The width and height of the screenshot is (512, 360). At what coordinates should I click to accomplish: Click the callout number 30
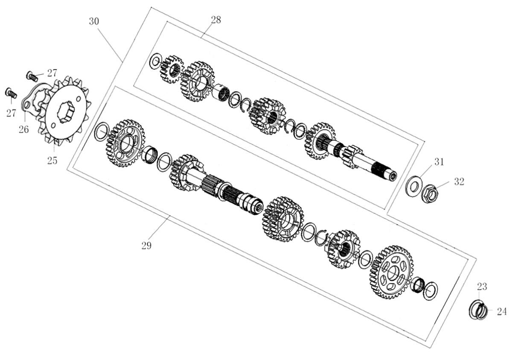tap(94, 21)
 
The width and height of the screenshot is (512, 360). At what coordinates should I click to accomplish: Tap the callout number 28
tap(216, 20)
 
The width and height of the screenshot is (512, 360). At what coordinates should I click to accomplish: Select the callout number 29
tap(146, 246)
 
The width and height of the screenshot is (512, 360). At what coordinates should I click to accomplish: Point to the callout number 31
tap(439, 162)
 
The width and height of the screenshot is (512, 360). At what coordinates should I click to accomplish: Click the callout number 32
tap(459, 181)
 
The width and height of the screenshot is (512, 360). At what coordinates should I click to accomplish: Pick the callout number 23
tap(482, 287)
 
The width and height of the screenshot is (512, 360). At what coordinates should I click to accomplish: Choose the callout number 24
tap(502, 311)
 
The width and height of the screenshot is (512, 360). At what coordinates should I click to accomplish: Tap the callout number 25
tap(52, 161)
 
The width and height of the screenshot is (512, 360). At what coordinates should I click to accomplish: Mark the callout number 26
tap(24, 129)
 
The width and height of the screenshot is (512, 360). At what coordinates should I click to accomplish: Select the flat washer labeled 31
tap(414, 187)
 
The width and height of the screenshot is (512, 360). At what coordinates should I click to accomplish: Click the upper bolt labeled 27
tap(32, 76)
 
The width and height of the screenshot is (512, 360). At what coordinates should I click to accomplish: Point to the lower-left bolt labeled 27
tap(11, 93)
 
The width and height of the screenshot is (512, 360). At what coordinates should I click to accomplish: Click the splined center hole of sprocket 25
tap(66, 112)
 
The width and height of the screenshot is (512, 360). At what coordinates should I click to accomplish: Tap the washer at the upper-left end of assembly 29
tap(101, 132)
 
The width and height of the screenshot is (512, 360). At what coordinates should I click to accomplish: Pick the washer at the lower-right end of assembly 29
tap(431, 291)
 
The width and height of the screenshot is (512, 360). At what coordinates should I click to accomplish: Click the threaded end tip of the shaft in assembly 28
tap(393, 176)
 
